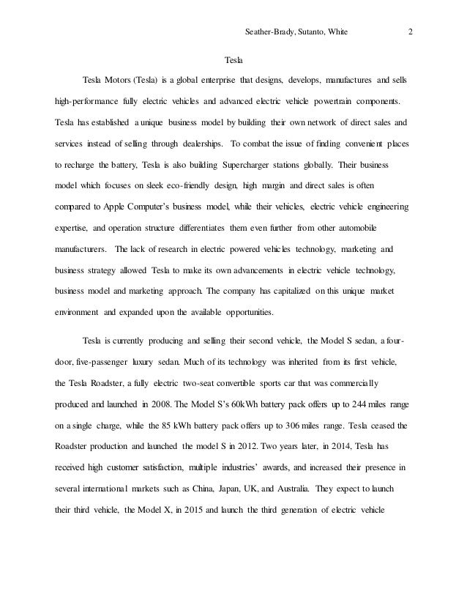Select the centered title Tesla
(233, 58)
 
